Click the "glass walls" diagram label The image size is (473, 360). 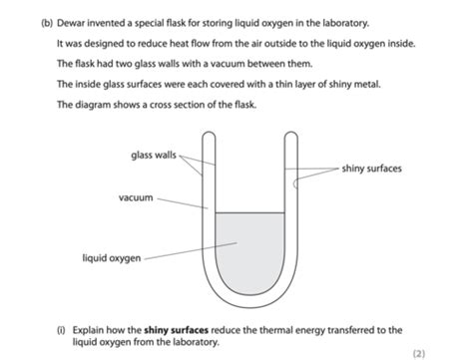(154, 155)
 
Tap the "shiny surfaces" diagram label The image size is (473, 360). (371, 169)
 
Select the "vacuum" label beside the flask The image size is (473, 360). (136, 198)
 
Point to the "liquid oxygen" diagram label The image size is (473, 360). (111, 257)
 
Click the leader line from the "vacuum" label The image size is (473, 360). (183, 203)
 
